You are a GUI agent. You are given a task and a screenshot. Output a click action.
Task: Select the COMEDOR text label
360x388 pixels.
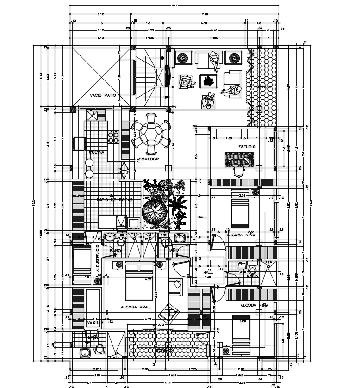click(x=149, y=159)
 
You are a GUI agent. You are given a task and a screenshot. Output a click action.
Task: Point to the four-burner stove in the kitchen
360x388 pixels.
click(x=114, y=137)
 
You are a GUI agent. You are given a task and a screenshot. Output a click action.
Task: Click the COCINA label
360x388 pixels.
click(x=97, y=152)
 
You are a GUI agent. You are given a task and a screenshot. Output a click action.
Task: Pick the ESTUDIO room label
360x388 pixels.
click(x=247, y=147)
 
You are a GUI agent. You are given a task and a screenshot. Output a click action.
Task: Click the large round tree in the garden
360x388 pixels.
click(x=155, y=213)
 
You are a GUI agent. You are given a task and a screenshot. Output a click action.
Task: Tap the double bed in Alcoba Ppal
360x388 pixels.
click(x=138, y=287)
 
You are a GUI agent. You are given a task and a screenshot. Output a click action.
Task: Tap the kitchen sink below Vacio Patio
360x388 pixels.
click(x=93, y=115)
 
